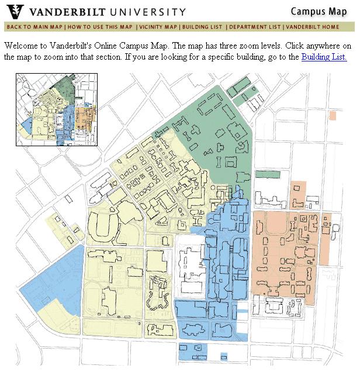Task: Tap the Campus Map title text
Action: (319, 11)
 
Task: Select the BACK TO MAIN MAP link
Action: (34, 27)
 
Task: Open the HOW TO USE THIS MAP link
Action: (99, 27)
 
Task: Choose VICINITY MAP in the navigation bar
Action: (158, 27)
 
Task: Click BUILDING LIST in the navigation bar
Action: (202, 27)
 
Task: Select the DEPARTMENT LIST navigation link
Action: (254, 27)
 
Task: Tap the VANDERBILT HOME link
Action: (312, 27)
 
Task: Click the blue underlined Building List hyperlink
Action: (324, 57)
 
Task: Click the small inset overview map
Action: (57, 109)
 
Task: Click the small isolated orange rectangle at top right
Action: (333, 115)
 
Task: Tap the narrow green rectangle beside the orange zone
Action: (268, 174)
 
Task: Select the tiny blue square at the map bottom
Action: (224, 356)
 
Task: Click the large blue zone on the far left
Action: (56, 275)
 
